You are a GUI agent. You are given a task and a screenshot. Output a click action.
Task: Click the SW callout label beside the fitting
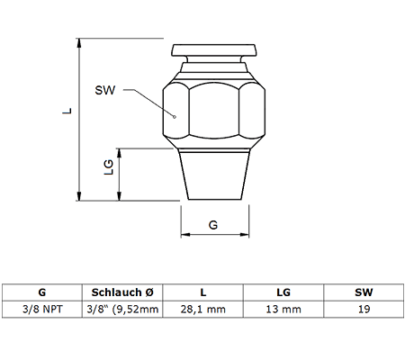tap(105, 90)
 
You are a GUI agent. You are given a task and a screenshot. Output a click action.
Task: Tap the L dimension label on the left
tap(67, 111)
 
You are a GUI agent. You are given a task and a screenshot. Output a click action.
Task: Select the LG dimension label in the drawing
tap(108, 167)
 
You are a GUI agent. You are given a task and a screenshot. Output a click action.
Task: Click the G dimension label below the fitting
tap(213, 225)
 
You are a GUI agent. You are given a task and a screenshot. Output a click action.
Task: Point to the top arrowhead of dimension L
tap(79, 43)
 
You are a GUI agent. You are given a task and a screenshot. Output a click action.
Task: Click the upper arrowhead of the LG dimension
tap(119, 153)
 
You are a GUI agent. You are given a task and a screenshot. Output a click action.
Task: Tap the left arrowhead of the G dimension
tap(185, 235)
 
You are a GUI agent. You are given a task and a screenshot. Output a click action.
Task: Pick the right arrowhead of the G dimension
tap(245, 235)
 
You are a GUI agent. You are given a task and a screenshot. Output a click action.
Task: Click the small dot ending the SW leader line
tap(175, 117)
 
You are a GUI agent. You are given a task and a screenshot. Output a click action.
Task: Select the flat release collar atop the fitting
tap(214, 50)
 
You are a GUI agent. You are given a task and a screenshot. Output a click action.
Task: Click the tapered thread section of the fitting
tap(214, 175)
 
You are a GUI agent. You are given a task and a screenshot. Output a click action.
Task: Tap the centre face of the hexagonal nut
tap(214, 111)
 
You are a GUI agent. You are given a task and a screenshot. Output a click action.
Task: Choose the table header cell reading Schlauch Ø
tap(122, 292)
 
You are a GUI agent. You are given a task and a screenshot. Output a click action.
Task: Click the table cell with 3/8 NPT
tap(42, 310)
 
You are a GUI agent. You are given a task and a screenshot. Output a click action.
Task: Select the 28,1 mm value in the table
tap(203, 310)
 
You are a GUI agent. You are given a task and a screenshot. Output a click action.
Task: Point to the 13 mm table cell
tap(283, 310)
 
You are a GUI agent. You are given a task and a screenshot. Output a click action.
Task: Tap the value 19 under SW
tap(364, 310)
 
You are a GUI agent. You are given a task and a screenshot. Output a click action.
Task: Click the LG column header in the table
tap(283, 292)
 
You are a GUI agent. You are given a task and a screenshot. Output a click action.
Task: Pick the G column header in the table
tap(42, 292)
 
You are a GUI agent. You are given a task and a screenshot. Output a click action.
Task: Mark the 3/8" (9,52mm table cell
tap(122, 310)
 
